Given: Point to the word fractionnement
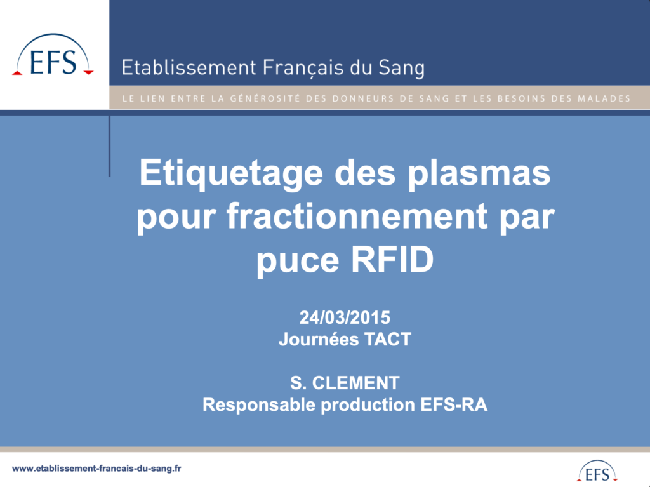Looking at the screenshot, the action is click(357, 216).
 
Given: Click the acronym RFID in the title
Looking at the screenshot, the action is click(392, 260).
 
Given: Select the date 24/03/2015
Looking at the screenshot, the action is click(345, 317).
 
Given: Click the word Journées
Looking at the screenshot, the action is click(319, 340).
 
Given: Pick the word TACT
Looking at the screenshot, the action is click(388, 339).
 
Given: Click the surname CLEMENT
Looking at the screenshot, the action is click(355, 383).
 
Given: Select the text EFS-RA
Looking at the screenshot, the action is click(454, 405).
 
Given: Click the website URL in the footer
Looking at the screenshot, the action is click(96, 469).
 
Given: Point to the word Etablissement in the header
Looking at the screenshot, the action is click(189, 67).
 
